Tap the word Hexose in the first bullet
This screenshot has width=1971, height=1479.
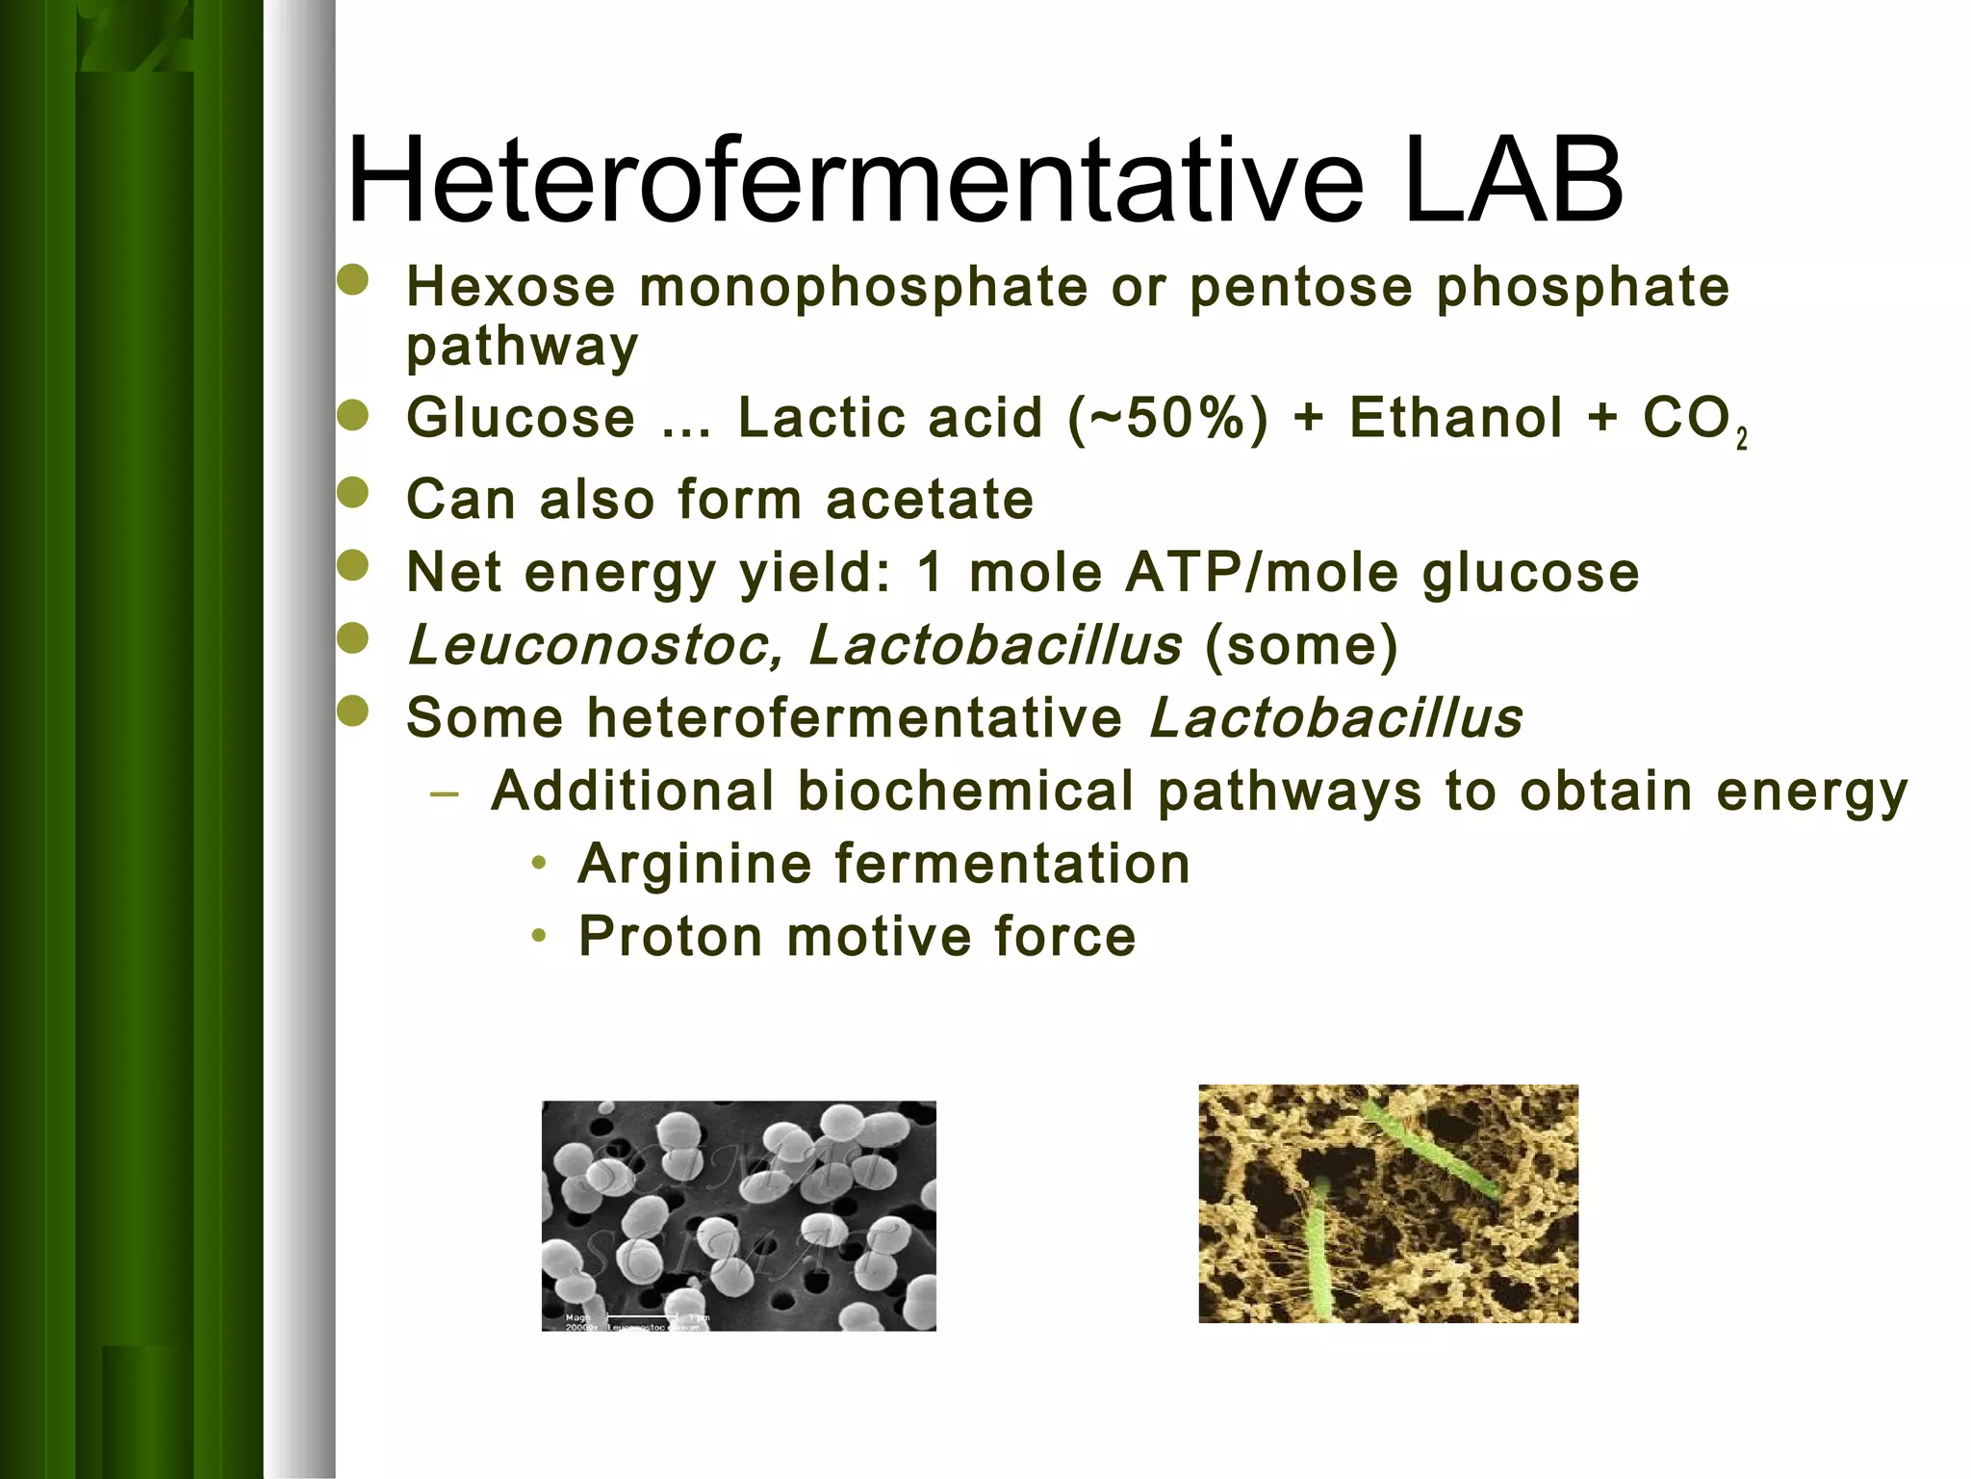tap(510, 287)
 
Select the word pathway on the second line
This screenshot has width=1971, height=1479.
tap(522, 347)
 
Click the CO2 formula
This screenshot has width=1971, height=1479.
tap(1694, 421)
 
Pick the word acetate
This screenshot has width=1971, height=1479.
tap(930, 500)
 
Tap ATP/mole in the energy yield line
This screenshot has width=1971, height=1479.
tap(1262, 572)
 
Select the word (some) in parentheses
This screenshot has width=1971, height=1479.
tap(1301, 645)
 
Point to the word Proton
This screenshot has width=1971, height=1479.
tap(671, 936)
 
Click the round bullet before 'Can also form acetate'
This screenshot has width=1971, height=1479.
tap(354, 493)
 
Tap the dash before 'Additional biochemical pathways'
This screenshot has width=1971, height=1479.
tap(445, 794)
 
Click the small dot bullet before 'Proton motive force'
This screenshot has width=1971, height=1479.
tap(540, 935)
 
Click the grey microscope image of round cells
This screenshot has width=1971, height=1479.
tap(738, 1215)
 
